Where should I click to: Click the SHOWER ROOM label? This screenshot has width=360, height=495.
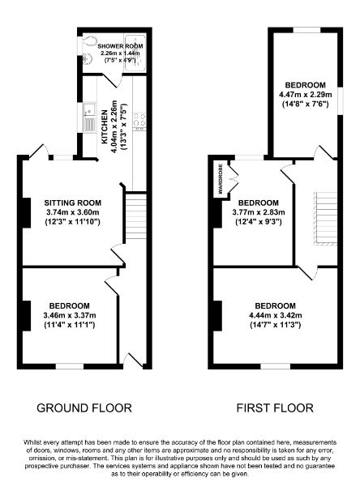click(x=120, y=47)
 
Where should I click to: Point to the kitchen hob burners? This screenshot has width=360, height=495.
click(x=139, y=121)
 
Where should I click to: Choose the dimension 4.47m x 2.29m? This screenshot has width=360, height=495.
click(x=305, y=95)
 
